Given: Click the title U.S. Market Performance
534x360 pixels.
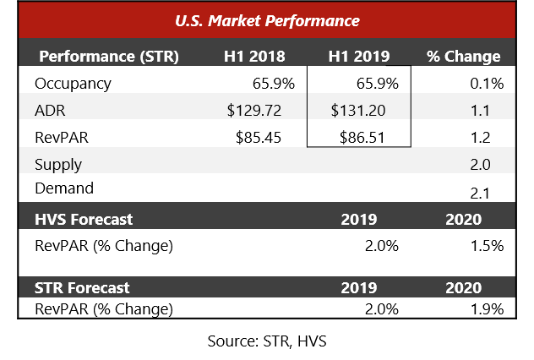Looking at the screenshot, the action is point(267,21).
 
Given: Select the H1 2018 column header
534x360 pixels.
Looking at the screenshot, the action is point(254,57).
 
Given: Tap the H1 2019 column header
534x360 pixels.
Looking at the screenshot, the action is point(359,57).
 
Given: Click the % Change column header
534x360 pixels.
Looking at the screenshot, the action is point(464,57).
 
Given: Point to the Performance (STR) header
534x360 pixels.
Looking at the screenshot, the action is point(109,57).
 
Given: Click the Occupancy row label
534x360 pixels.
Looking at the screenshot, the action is point(73,84).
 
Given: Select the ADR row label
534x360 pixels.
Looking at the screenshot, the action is point(50,111).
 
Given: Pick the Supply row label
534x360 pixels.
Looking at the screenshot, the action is point(58,165).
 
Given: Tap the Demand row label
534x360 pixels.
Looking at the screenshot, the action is point(64,188).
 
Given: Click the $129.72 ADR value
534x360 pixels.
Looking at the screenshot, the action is point(254,111).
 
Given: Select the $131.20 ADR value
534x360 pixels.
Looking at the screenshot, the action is point(358,111).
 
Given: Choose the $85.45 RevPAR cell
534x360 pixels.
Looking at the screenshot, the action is point(259,138).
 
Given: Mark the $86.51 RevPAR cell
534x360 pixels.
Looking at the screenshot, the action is point(362,138).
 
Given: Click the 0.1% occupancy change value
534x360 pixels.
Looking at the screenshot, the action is point(487,84).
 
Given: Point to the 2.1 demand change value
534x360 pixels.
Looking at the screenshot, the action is point(480,194).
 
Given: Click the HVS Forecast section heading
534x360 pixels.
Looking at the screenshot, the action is point(84,220).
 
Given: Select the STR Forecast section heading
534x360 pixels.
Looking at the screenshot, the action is point(82,288).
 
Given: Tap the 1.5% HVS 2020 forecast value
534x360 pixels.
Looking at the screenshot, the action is point(487,246).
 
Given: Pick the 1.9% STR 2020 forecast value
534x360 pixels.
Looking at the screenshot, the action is point(487,309).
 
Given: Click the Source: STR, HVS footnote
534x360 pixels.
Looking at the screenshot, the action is point(267,341).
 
